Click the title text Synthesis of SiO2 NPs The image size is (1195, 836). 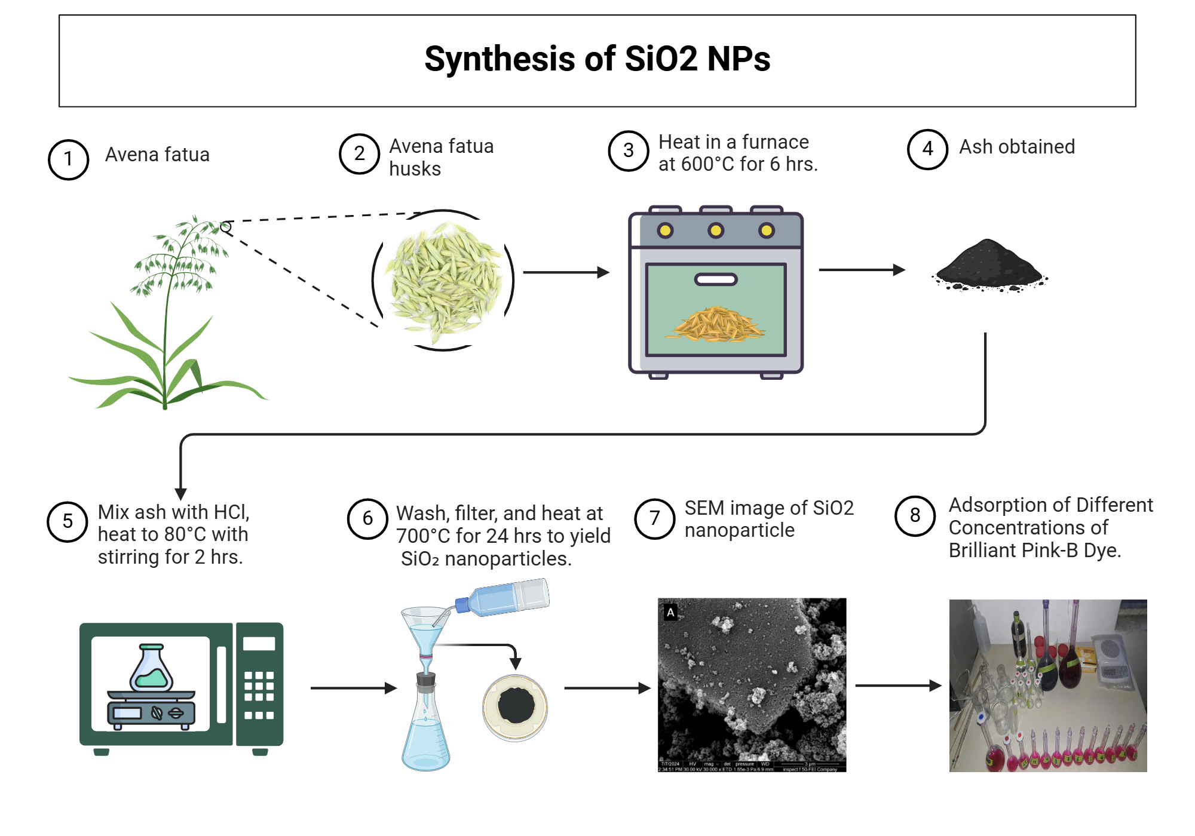click(x=597, y=59)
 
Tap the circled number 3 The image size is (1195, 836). click(x=628, y=151)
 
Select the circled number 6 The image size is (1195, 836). click(x=367, y=518)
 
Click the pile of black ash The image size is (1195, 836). click(x=989, y=266)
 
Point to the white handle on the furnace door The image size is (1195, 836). click(x=716, y=279)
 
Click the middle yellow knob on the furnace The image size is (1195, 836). click(x=716, y=230)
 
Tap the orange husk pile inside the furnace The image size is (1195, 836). click(x=717, y=325)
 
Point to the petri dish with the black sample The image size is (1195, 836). click(x=515, y=708)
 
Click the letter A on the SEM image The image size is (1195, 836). click(x=670, y=613)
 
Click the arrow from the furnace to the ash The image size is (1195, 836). click(x=861, y=270)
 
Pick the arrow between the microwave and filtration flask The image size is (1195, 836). click(x=353, y=688)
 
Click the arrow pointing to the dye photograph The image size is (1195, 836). click(x=897, y=686)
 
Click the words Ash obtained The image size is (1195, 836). click(x=1017, y=147)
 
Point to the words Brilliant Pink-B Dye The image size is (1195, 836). click(x=1034, y=550)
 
